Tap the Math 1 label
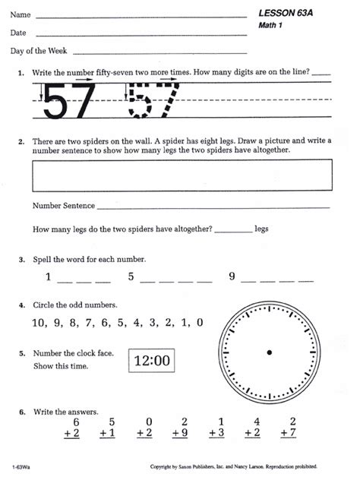click(271, 27)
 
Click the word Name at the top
click(21, 14)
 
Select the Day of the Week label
click(39, 51)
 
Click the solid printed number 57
click(70, 101)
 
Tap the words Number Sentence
click(64, 206)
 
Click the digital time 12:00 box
click(152, 361)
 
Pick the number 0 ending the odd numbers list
click(199, 322)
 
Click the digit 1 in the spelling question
click(49, 277)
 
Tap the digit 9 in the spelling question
click(232, 277)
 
